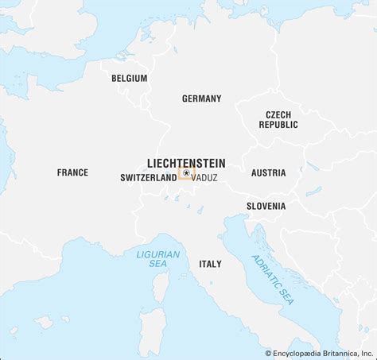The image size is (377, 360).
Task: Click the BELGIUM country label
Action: point(130,78)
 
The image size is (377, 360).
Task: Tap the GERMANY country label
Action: point(201,99)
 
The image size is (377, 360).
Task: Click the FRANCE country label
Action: point(72,172)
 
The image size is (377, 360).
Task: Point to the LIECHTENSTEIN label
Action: point(185,160)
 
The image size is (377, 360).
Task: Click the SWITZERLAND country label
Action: point(148,178)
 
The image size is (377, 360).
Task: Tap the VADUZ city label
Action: point(204,179)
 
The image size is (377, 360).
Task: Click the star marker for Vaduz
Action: point(185,172)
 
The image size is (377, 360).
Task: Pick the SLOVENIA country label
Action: point(266,207)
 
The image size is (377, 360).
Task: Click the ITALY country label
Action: point(210,263)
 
